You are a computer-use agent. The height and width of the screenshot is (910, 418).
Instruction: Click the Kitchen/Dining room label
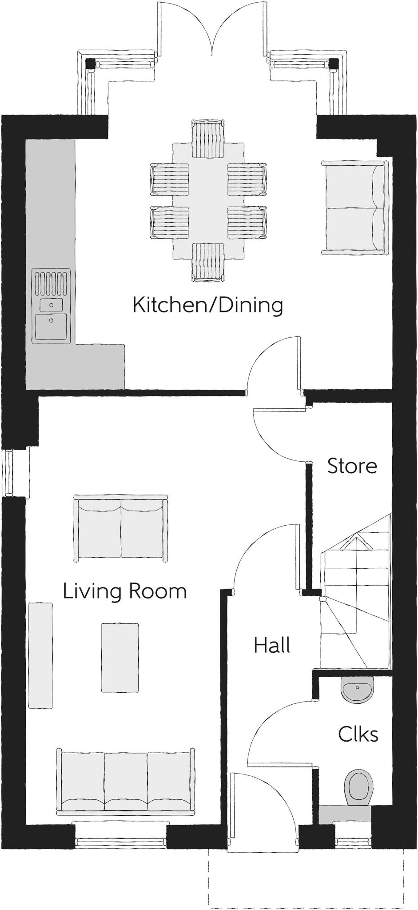pos(208,306)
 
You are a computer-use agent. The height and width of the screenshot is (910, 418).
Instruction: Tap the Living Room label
pos(125,591)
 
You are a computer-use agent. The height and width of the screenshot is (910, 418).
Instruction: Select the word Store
pos(352,466)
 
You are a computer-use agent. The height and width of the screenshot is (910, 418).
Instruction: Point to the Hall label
pos(272,645)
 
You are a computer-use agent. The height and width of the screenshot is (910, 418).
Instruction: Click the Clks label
pos(358,734)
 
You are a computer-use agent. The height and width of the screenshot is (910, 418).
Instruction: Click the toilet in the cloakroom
pos(358,786)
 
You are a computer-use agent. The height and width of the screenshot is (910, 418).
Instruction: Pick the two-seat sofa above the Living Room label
pos(121,528)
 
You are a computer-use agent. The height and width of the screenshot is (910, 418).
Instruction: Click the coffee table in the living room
pos(120,658)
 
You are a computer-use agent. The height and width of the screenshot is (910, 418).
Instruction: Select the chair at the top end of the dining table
pos(208,138)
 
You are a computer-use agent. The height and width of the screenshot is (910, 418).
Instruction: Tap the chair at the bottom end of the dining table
pos(208,263)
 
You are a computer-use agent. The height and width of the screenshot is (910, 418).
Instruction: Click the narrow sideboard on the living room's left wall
pos(40,655)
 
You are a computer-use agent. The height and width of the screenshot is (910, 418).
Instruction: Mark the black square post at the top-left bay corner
pos(91,64)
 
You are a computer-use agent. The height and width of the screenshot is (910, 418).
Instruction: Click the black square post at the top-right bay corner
pos(334,64)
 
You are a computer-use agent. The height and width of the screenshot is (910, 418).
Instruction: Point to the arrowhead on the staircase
pos(357,542)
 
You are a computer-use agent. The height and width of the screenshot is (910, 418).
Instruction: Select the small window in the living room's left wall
pos(15,472)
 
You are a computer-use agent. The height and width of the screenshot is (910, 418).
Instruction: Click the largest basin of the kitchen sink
pos(52,327)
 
